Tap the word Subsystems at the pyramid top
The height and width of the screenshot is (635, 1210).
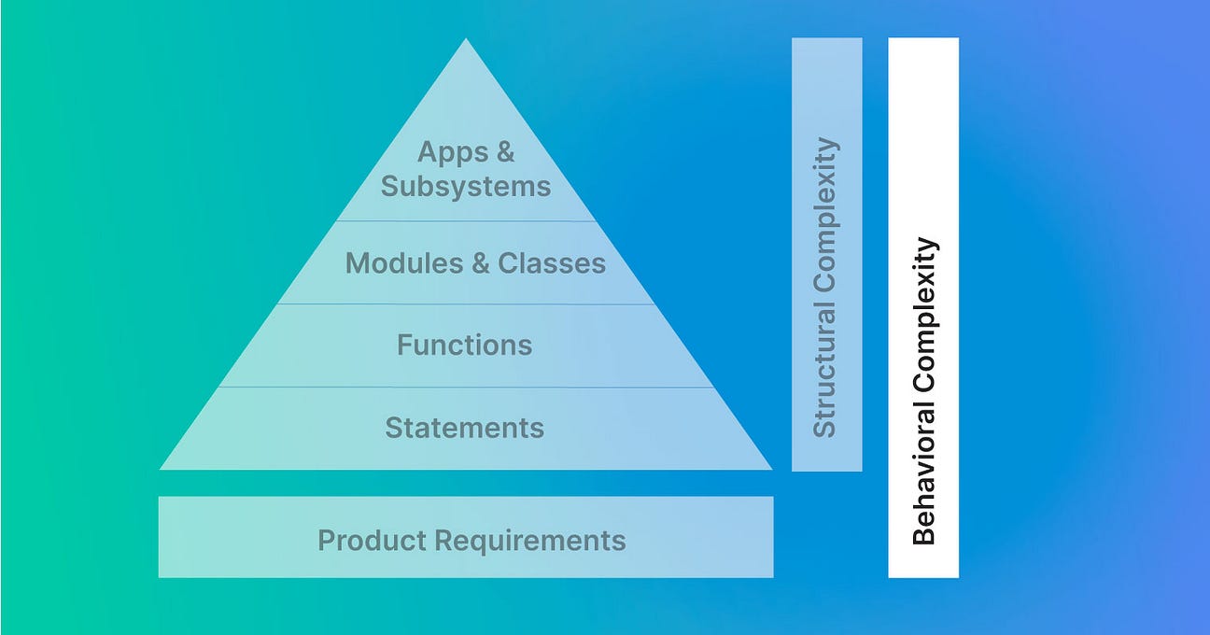pyautogui.click(x=466, y=186)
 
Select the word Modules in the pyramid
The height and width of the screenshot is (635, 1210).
pyautogui.click(x=403, y=263)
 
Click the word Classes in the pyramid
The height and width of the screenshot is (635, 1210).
pyautogui.click(x=551, y=263)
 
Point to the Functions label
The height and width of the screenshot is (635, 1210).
pyautogui.click(x=465, y=346)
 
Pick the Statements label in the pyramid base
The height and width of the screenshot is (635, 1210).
pyautogui.click(x=465, y=428)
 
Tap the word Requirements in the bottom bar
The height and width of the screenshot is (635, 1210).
pyautogui.click(x=530, y=540)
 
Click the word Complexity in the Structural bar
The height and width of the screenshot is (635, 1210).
pyautogui.click(x=825, y=219)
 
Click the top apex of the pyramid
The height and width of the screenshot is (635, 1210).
pyautogui.click(x=466, y=40)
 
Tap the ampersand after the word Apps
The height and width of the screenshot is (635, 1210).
pyautogui.click(x=505, y=151)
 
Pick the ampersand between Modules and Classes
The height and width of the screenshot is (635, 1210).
pyautogui.click(x=480, y=263)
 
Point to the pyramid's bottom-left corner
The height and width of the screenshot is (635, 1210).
pyautogui.click(x=162, y=467)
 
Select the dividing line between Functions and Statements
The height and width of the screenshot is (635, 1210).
pyautogui.click(x=465, y=387)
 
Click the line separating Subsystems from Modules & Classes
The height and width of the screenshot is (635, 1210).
pyautogui.click(x=465, y=221)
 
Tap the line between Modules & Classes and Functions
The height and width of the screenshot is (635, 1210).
pyautogui.click(x=465, y=303)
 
